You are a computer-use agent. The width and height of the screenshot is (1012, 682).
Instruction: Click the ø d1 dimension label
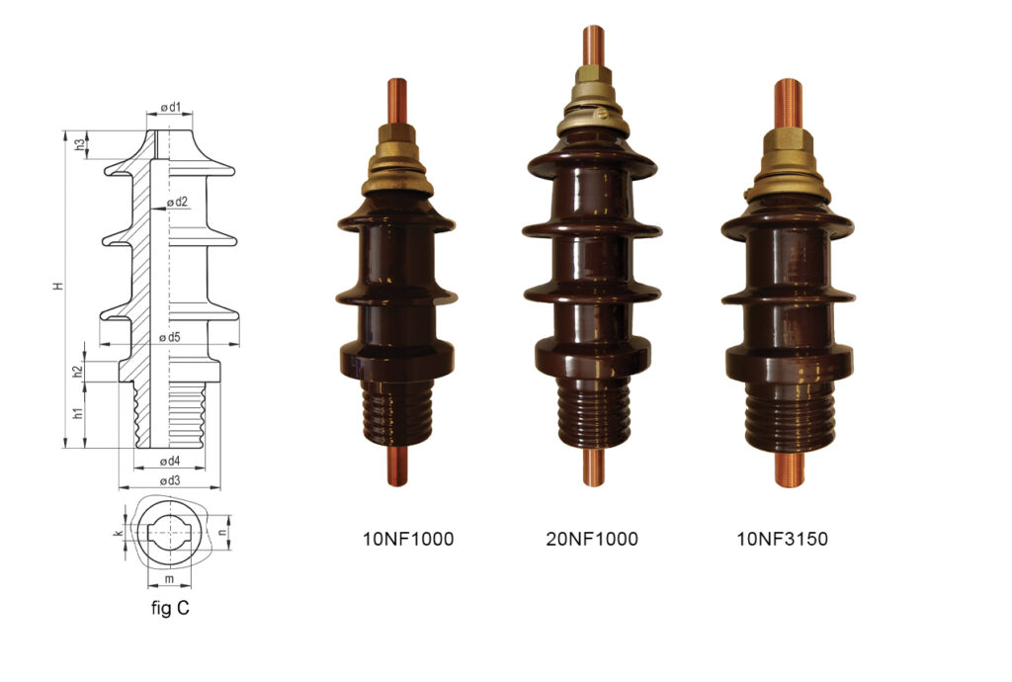[x=170, y=107]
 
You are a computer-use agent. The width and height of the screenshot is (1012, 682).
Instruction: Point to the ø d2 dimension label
[x=177, y=202]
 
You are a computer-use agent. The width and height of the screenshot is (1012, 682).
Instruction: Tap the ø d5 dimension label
[x=170, y=337]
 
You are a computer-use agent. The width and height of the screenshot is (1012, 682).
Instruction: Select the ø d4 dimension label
[x=169, y=461]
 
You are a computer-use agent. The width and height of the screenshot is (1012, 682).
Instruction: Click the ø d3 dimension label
[x=169, y=480]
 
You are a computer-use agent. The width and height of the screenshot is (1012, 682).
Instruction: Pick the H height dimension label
[x=58, y=286]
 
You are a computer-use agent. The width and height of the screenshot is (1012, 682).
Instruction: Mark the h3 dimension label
[x=79, y=145]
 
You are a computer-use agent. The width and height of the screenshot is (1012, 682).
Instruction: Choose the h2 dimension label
[x=78, y=372]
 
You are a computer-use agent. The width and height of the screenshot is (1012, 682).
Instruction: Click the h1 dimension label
[x=78, y=413]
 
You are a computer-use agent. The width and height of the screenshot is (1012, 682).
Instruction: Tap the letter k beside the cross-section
[x=119, y=533]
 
